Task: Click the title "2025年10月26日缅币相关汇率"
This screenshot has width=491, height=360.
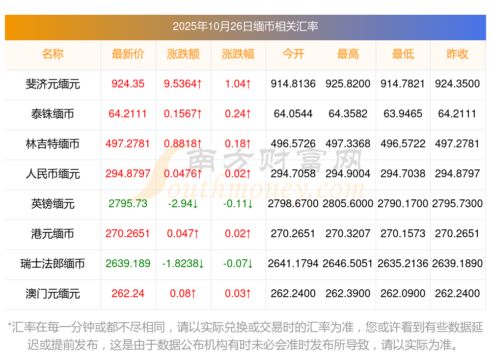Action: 245,26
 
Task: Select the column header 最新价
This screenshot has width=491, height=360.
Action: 128,54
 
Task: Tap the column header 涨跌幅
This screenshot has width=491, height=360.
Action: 238,54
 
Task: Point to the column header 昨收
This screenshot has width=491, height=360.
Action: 458,54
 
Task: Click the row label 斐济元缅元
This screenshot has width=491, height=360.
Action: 53,84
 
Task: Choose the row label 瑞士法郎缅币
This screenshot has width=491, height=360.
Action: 53,264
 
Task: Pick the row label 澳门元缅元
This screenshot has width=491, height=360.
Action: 53,294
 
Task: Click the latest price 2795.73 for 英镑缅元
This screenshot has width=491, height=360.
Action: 128,204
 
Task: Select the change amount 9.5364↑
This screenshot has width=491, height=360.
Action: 183,84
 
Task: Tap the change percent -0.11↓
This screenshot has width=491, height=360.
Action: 238,204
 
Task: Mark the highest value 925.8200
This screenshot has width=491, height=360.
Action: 348,84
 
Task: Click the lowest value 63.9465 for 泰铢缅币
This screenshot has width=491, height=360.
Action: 403,114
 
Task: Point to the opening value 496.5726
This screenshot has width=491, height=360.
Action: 293,144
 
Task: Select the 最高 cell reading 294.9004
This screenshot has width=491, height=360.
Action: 348,174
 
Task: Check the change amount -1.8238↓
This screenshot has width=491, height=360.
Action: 183,264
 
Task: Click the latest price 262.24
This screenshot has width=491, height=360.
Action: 128,294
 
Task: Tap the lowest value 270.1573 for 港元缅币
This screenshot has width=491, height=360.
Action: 403,234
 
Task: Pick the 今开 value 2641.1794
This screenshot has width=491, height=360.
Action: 293,264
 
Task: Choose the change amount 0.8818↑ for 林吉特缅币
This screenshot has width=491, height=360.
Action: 183,144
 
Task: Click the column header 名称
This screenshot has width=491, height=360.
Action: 53,54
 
